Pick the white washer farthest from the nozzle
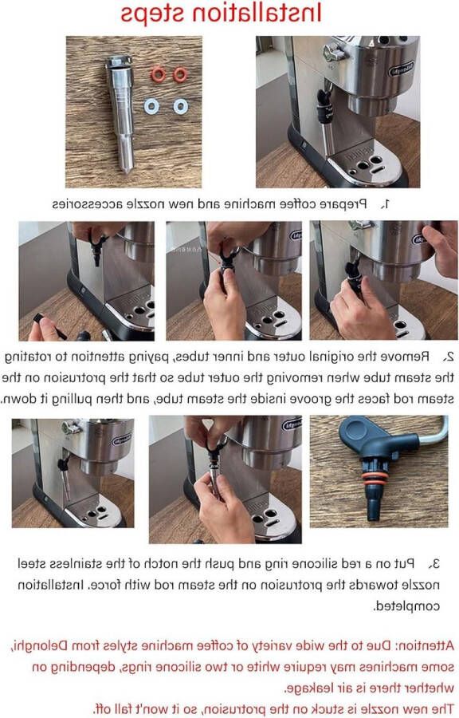point(182,105)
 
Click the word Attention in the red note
point(422,645)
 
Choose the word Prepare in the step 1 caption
point(343,204)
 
